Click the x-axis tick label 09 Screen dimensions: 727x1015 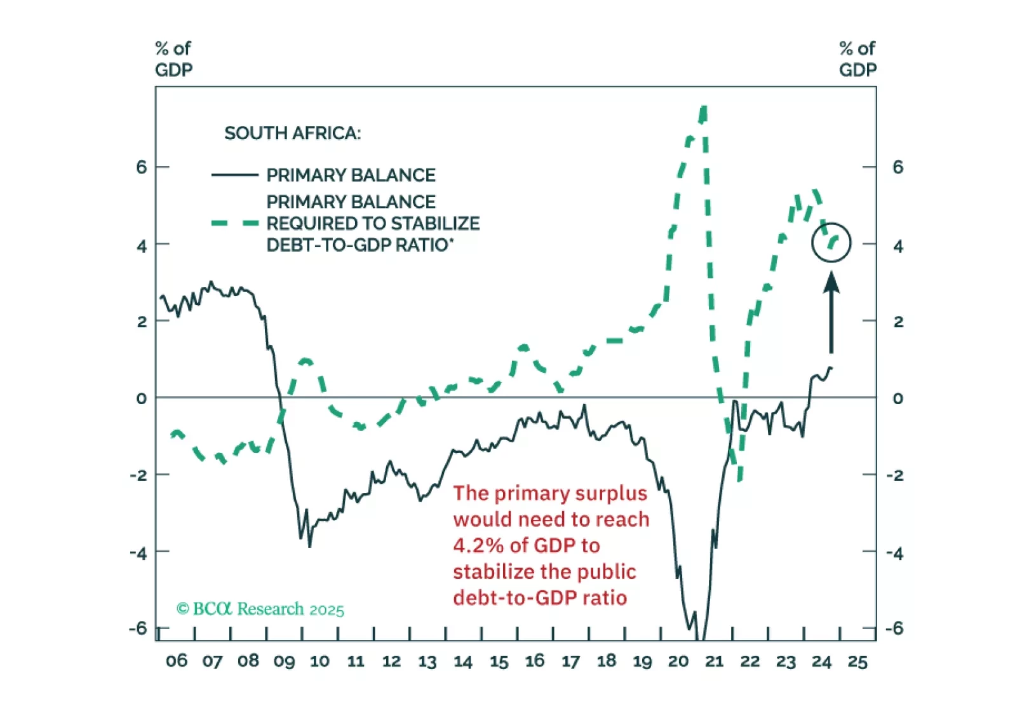tap(284, 662)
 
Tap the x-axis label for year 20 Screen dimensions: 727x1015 tap(678, 662)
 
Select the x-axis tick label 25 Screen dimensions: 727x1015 tap(857, 662)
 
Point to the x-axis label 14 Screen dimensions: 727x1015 tap(462, 662)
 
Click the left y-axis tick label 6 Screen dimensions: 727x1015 tap(141, 167)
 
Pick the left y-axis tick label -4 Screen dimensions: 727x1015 tap(138, 553)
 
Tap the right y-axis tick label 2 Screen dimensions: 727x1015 tap(897, 322)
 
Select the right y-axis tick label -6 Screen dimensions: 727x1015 tap(894, 628)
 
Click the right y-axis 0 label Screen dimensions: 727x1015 tap(897, 398)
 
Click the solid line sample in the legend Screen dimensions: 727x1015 tap(234, 175)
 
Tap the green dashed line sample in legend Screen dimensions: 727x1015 tap(234, 223)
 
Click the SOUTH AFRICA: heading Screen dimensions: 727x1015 tap(292, 133)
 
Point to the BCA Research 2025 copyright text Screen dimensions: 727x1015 tap(260, 609)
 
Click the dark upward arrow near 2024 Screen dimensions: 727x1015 tap(831, 311)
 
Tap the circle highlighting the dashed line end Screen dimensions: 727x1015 tap(831, 242)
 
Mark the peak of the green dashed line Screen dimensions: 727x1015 tap(703, 109)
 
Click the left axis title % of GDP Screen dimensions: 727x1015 tap(173, 59)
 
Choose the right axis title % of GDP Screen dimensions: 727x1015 tap(857, 59)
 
